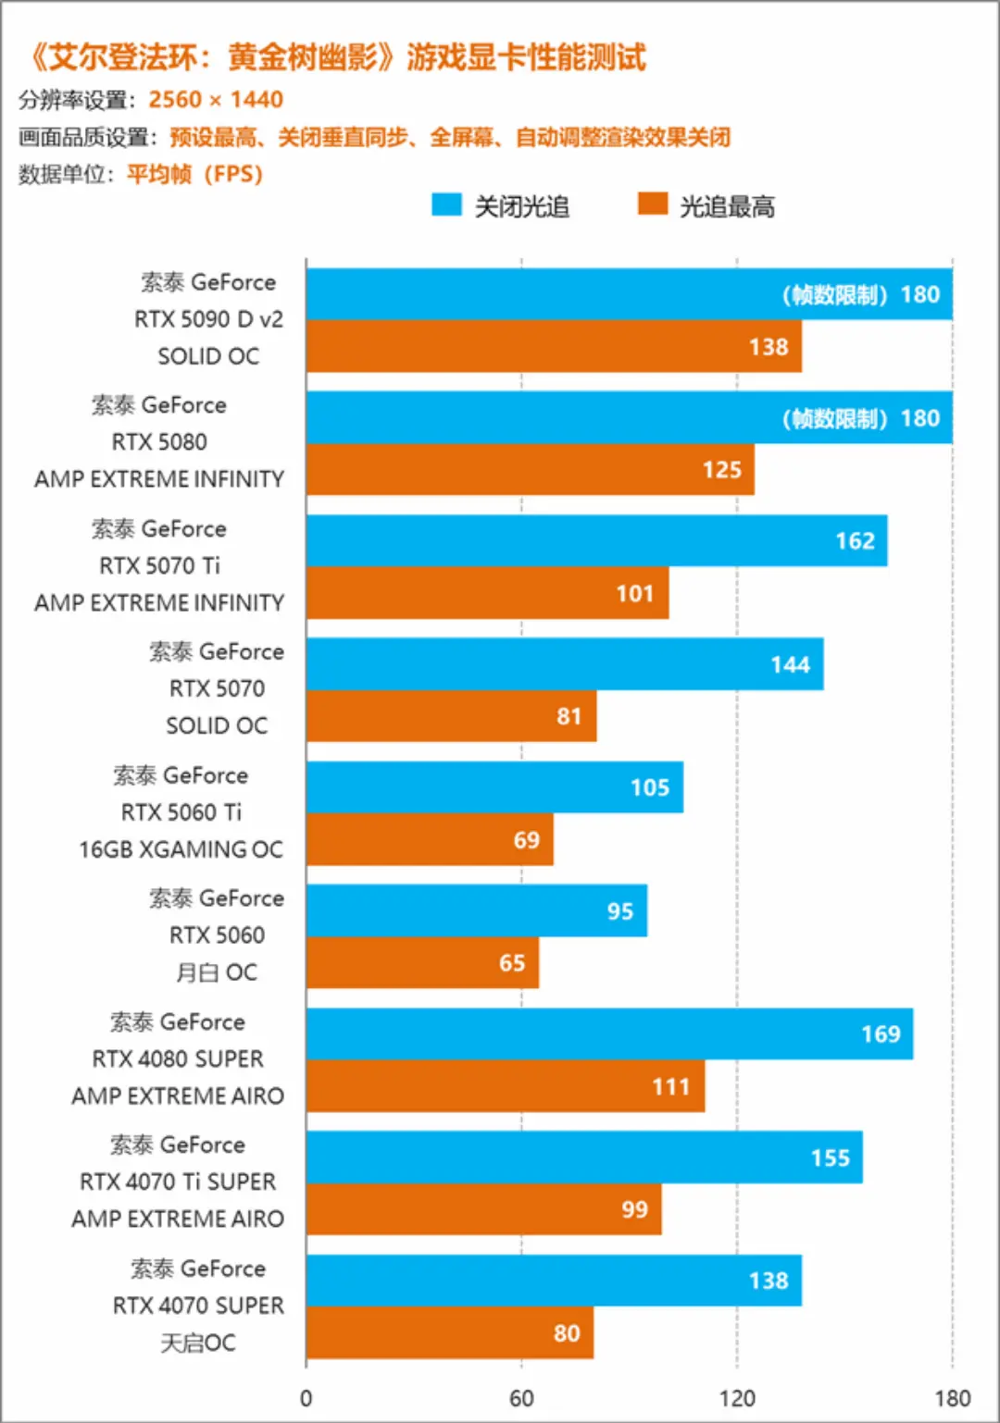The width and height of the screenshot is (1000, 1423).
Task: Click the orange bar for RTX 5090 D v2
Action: pyautogui.click(x=554, y=347)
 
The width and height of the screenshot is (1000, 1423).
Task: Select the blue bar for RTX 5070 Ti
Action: pyautogui.click(x=596, y=541)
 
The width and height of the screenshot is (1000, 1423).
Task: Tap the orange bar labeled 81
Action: pyautogui.click(x=451, y=716)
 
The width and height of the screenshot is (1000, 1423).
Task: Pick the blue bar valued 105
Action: pyautogui.click(x=494, y=787)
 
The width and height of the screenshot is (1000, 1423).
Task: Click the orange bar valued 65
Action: pyautogui.click(x=422, y=963)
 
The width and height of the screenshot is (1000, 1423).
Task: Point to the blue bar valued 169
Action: pyautogui.click(x=609, y=1034)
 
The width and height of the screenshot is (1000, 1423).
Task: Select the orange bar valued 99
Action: pyautogui.click(x=483, y=1209)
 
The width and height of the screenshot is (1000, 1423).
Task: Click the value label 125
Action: pyautogui.click(x=721, y=470)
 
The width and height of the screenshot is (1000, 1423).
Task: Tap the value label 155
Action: pyautogui.click(x=830, y=1158)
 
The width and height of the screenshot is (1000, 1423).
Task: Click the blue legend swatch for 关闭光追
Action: pyautogui.click(x=446, y=204)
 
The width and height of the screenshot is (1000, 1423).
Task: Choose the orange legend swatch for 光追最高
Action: pyautogui.click(x=653, y=204)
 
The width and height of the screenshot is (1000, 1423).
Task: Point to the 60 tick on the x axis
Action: pyautogui.click(x=521, y=1398)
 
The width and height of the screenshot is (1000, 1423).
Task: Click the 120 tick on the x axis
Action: pyautogui.click(x=737, y=1398)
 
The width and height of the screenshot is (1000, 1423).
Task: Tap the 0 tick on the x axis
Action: pyautogui.click(x=306, y=1398)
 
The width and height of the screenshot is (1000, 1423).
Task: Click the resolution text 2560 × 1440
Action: pyautogui.click(x=216, y=100)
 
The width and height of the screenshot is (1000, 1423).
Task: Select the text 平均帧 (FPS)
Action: pyautogui.click(x=194, y=174)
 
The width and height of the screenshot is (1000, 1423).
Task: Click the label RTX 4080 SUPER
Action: pyautogui.click(x=178, y=1058)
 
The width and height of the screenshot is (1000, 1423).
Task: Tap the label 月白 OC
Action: pyautogui.click(x=217, y=972)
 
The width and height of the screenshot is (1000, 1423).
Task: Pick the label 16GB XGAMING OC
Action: pyautogui.click(x=181, y=849)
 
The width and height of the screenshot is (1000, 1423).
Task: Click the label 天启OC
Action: pyautogui.click(x=198, y=1343)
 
